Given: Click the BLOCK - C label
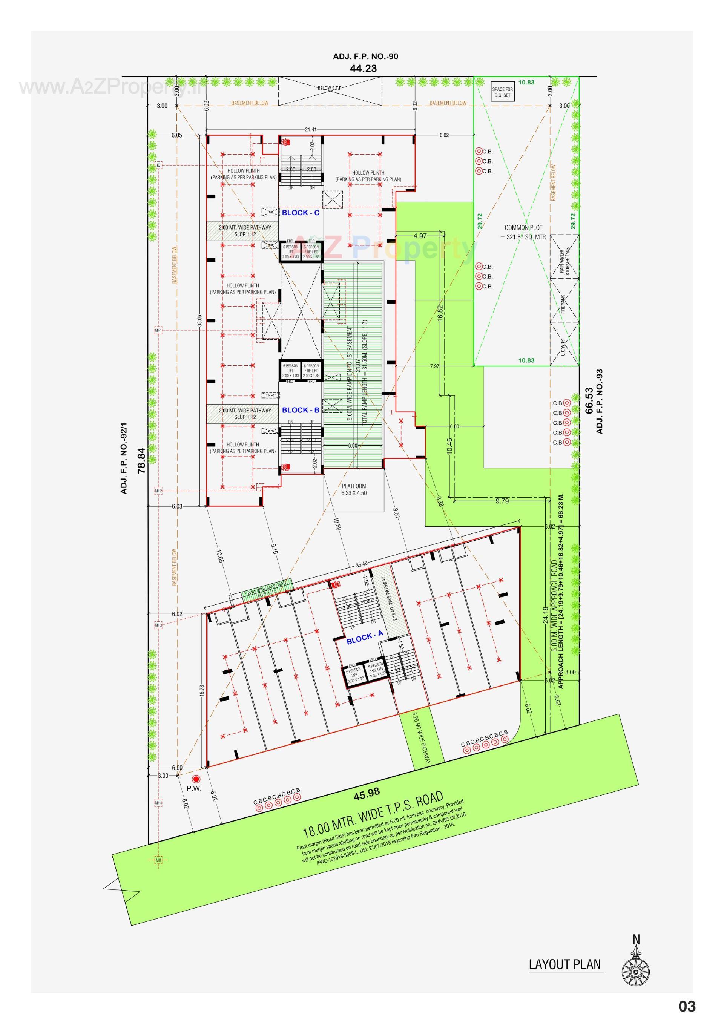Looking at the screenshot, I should [x=300, y=213].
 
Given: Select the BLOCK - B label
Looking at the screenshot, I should [x=300, y=410].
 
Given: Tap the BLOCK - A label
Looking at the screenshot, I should [x=365, y=638].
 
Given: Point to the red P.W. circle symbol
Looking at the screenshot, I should [x=195, y=778].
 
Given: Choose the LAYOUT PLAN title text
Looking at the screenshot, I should [x=565, y=964].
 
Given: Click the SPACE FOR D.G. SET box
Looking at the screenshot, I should [x=502, y=92].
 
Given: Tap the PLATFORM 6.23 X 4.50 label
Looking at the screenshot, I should [x=354, y=489].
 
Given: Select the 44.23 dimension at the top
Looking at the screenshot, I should [x=363, y=68].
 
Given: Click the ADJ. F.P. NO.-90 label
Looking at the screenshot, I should [x=365, y=57].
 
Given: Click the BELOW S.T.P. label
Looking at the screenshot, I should [x=330, y=88].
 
